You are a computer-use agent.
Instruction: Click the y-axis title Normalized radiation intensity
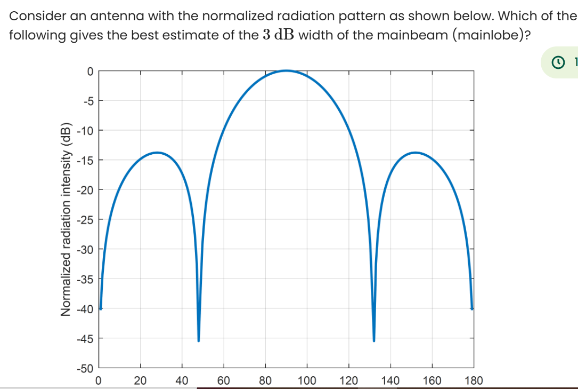click(x=67, y=219)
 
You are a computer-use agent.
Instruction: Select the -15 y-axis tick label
click(x=87, y=160)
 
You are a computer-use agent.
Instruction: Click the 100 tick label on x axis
click(x=307, y=380)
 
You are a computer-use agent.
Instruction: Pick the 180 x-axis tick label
click(x=474, y=380)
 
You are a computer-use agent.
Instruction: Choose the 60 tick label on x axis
click(x=224, y=380)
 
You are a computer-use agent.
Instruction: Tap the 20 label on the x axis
click(x=141, y=380)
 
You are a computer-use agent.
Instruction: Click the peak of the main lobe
click(x=286, y=70)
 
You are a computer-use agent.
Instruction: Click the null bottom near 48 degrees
click(x=199, y=340)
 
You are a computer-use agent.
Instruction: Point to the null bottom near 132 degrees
click(x=374, y=340)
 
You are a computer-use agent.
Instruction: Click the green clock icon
click(x=558, y=63)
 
